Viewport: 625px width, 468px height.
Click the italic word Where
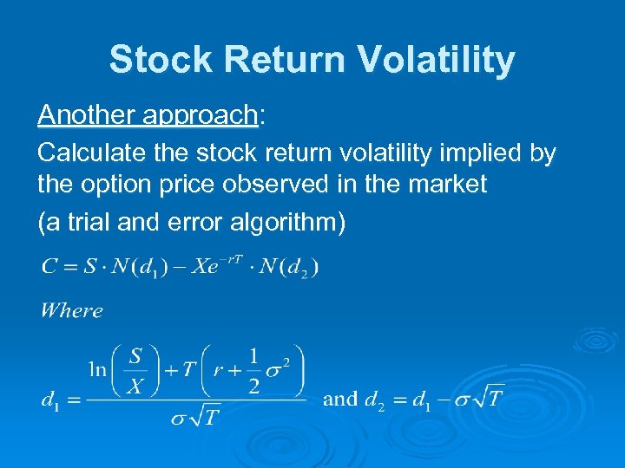point(71,310)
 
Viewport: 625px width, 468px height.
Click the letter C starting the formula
point(49,266)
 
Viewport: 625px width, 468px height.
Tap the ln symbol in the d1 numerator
point(97,369)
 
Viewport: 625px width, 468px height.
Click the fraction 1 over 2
point(253,370)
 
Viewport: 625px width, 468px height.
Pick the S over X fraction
point(135,370)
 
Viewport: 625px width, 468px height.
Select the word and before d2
point(339,400)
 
